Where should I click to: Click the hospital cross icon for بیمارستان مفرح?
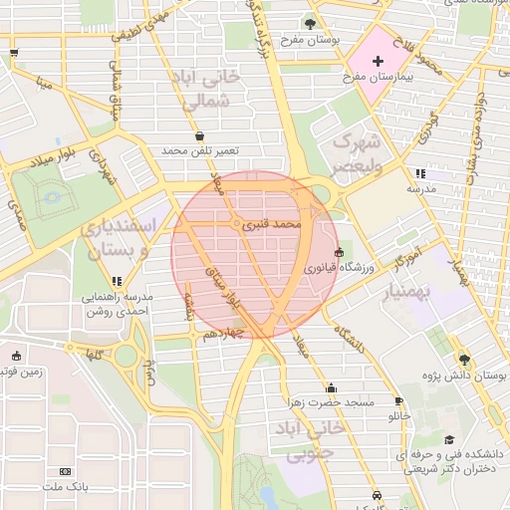[378, 62]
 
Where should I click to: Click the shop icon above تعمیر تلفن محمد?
[200, 135]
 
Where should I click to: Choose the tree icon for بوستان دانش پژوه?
[464, 360]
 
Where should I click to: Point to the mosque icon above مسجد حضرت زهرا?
[331, 387]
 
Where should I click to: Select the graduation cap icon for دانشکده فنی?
[449, 440]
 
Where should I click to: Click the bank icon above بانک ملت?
[66, 471]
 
